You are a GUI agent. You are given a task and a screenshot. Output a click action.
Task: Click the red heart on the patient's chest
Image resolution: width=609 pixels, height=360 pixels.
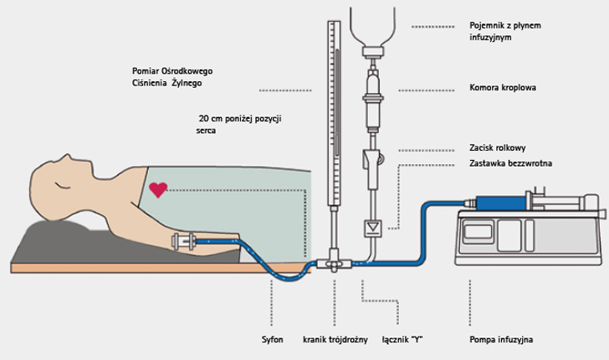pyautogui.click(x=157, y=191)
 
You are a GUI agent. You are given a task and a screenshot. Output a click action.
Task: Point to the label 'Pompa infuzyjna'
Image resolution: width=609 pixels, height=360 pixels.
pyautogui.click(x=502, y=340)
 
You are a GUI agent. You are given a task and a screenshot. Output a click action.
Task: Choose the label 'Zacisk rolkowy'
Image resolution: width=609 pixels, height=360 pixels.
pyautogui.click(x=498, y=147)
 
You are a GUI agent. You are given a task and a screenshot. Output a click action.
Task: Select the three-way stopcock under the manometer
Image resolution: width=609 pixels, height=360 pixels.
pyautogui.click(x=336, y=265)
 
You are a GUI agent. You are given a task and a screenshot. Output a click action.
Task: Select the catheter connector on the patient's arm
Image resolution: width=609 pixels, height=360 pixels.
pyautogui.click(x=183, y=242)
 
